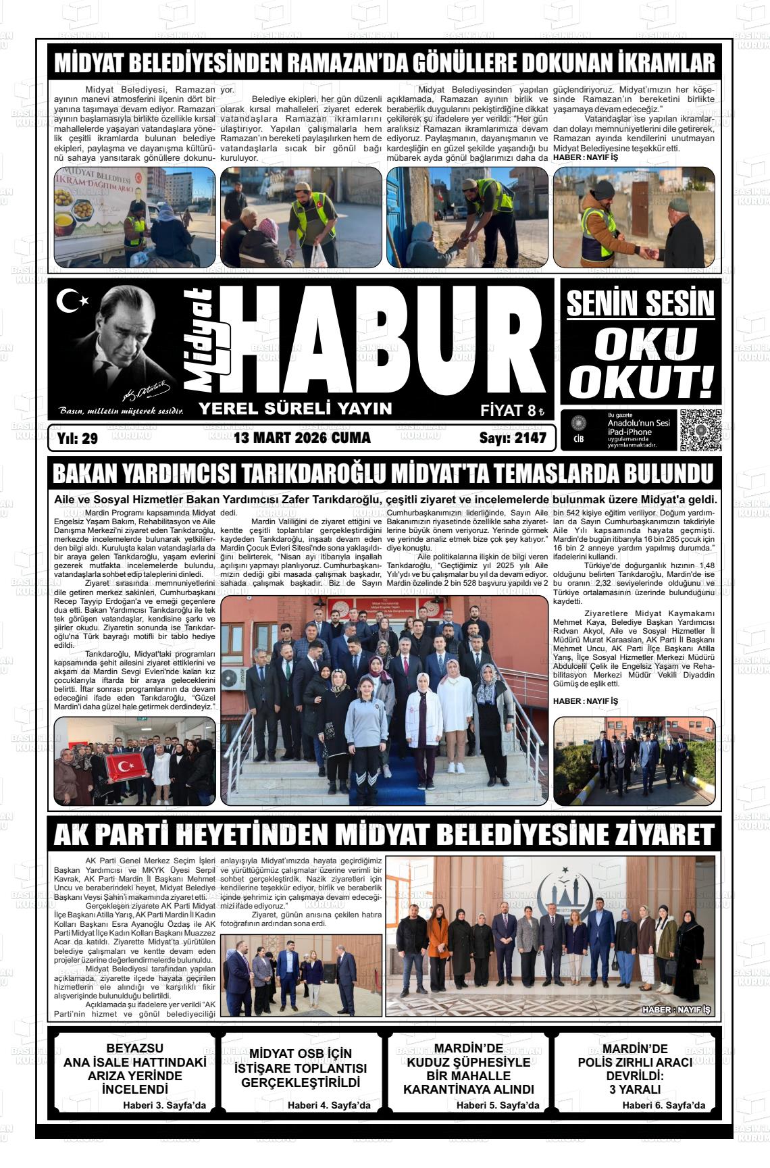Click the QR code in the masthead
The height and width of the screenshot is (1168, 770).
click(x=700, y=430)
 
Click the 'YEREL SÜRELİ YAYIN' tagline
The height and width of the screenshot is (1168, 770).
click(x=295, y=408)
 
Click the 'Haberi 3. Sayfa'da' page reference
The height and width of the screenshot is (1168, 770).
click(x=164, y=1106)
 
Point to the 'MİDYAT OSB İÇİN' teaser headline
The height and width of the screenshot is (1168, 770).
click(x=301, y=1053)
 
